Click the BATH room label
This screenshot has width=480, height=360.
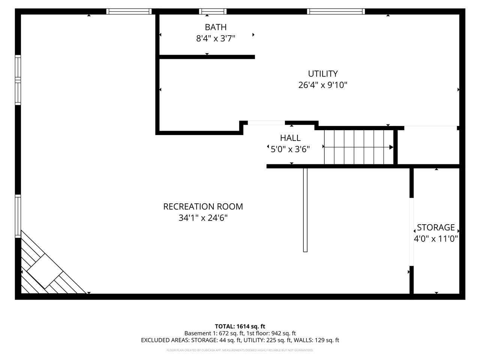point(216,27)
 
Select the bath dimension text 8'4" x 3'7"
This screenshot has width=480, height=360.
point(216,38)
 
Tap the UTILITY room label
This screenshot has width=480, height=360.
point(323,73)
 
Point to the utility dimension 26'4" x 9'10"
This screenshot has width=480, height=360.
point(323,85)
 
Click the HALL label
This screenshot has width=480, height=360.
point(290,138)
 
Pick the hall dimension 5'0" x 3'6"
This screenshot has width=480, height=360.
point(290,149)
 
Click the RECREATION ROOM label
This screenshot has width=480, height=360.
point(203,206)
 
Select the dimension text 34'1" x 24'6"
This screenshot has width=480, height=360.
point(203,218)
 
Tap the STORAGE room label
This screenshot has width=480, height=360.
point(436,227)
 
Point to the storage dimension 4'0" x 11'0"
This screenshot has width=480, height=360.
point(436,238)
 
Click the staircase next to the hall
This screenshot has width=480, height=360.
point(358,147)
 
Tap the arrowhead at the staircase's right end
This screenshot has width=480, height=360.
point(391,147)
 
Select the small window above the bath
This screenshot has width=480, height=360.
point(213,11)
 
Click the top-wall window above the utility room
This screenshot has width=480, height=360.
point(336,11)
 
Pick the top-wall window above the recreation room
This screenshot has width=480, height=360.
point(129,11)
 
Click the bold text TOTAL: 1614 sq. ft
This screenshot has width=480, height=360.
point(240,326)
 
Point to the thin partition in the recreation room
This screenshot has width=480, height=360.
point(305,210)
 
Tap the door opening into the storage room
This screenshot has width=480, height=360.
point(411,232)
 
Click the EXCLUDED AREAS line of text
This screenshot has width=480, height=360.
point(240,340)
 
